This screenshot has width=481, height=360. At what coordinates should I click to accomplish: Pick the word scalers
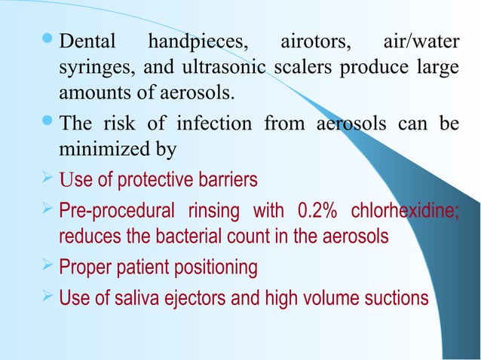[301, 67]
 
